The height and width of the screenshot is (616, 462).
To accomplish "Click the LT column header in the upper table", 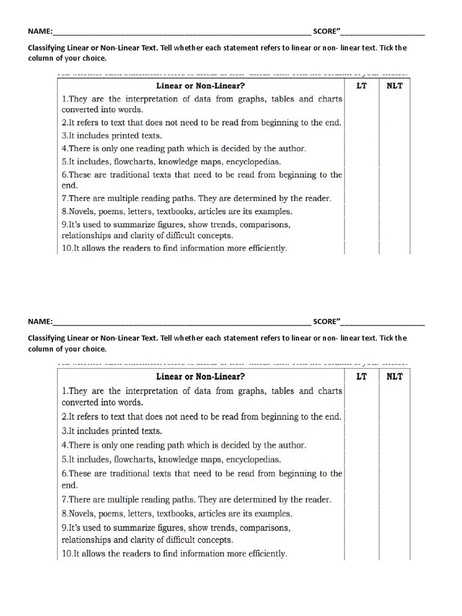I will (x=362, y=85).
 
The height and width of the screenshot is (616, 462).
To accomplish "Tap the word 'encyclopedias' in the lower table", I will (x=253, y=460).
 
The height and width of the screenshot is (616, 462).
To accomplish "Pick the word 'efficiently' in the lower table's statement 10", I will (x=263, y=553).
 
